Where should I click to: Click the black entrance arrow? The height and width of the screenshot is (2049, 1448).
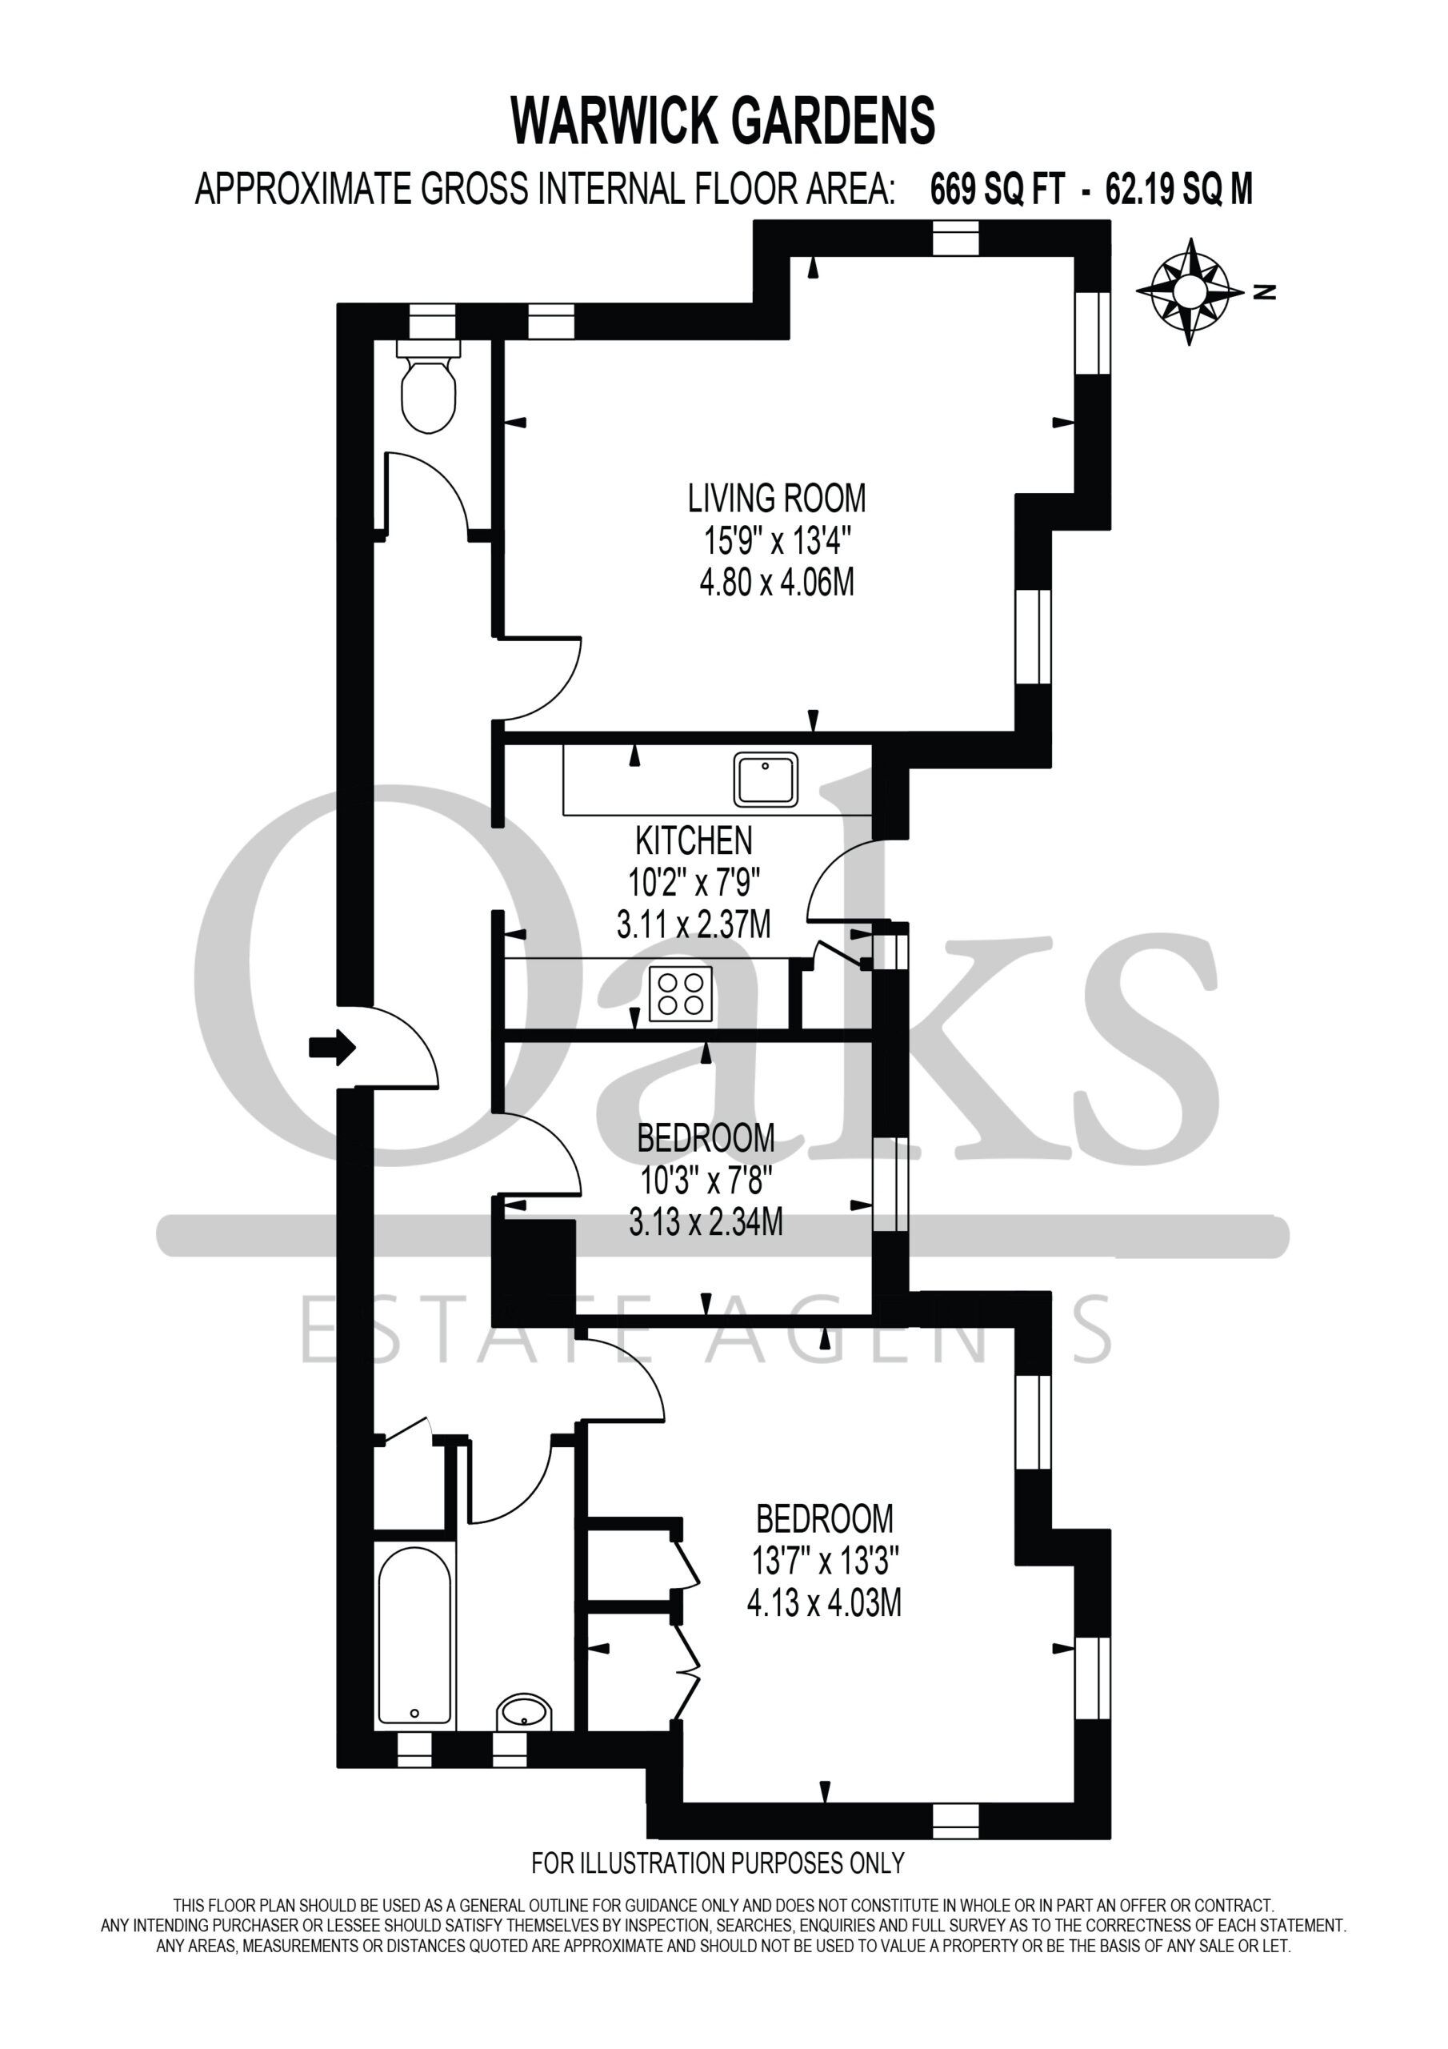(332, 1047)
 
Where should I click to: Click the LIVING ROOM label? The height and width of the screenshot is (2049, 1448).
(776, 498)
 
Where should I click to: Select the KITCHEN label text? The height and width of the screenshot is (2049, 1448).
(694, 840)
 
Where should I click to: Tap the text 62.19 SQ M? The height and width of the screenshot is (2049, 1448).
(1178, 189)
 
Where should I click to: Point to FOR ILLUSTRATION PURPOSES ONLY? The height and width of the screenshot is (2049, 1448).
(718, 1863)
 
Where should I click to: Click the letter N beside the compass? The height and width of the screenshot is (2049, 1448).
(1264, 291)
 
